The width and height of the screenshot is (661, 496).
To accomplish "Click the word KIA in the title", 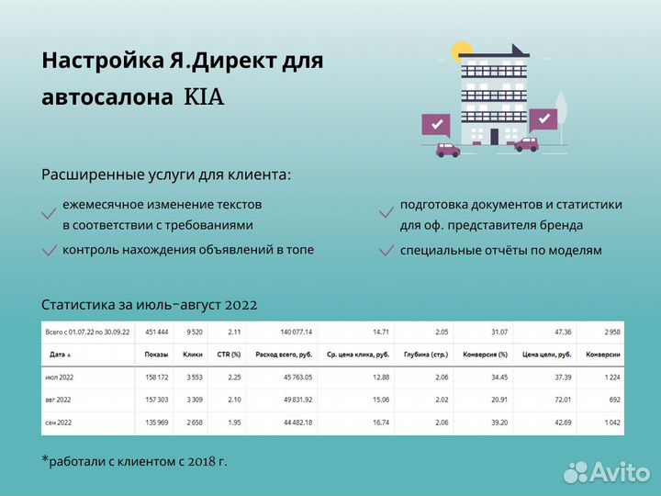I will point(204,97).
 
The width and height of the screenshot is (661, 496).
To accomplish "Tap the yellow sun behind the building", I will point(462,52).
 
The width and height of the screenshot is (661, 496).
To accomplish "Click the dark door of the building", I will point(494,136).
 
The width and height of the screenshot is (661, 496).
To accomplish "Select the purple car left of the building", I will point(447,150).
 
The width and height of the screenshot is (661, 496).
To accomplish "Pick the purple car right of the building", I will point(526,144).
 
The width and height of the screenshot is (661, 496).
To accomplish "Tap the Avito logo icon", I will point(576,471).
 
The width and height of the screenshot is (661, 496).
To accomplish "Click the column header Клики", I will point(194,355).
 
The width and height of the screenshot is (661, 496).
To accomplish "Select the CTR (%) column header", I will point(229,355).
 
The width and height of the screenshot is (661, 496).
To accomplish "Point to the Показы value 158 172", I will point(152,378).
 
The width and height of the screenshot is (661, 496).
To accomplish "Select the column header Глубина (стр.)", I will point(429,355).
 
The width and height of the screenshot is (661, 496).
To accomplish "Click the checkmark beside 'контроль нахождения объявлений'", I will point(49,251).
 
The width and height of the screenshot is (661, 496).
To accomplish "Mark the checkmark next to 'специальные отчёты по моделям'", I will point(387,251).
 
